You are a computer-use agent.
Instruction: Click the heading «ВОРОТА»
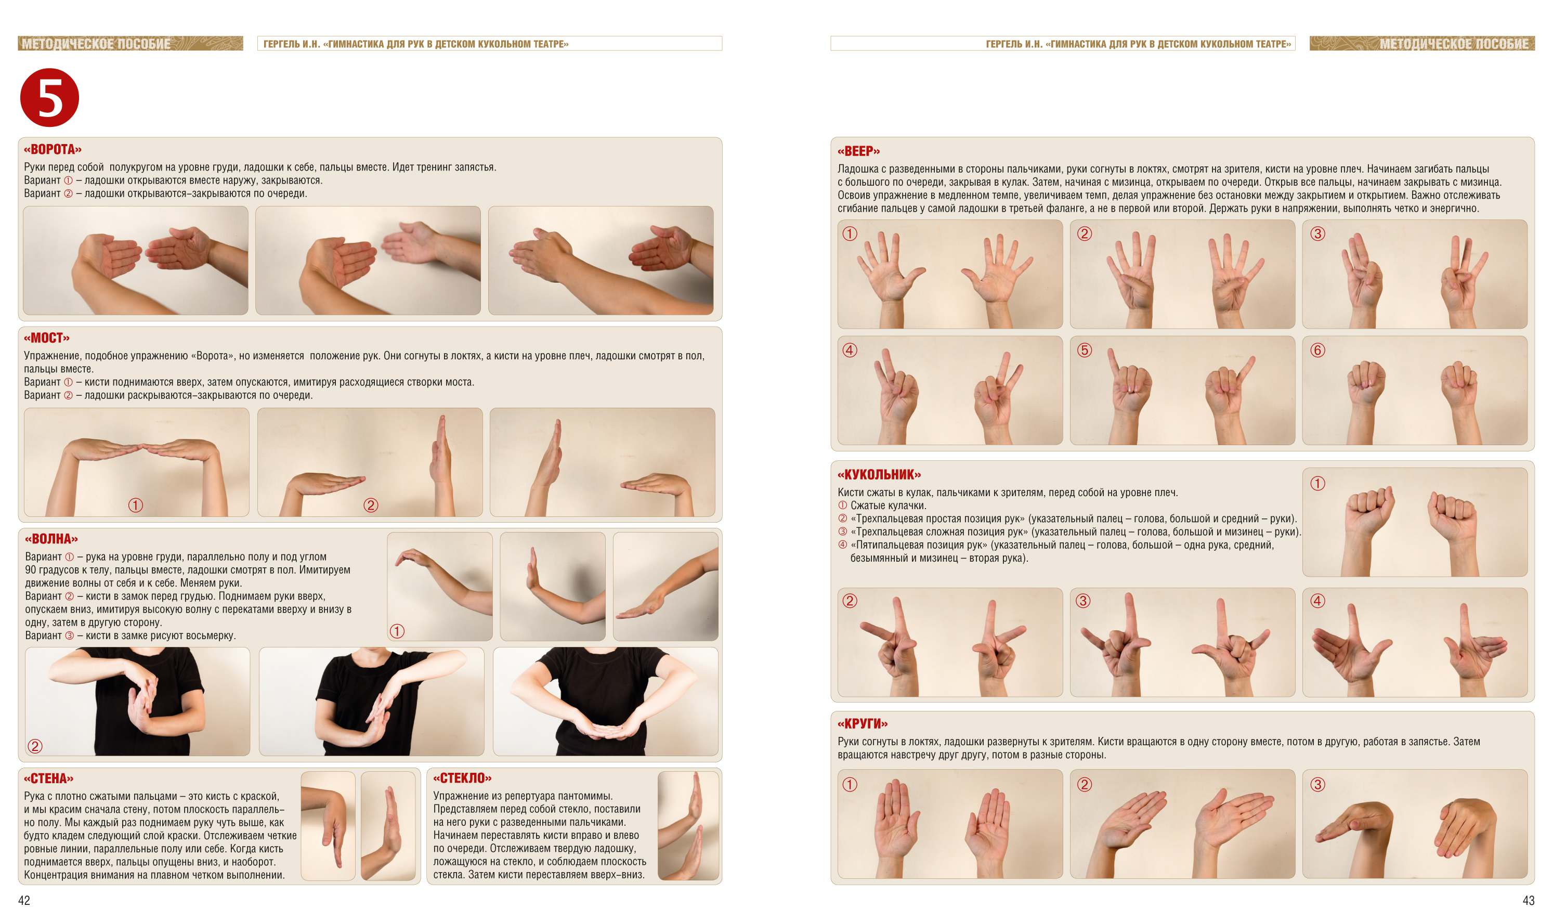tap(53, 150)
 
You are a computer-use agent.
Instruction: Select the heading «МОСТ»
tap(47, 338)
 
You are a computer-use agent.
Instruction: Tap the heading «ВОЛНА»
tap(51, 539)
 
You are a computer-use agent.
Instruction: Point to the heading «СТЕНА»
tap(48, 779)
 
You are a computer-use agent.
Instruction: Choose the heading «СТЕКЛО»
tap(462, 779)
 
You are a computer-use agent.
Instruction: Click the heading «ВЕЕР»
tap(859, 151)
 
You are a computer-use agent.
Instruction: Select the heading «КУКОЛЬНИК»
tap(879, 475)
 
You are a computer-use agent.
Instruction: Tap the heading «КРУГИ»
tap(863, 724)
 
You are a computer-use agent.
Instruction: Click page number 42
tap(24, 901)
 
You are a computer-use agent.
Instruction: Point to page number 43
tap(1528, 901)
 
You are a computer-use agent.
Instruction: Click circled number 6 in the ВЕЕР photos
tap(1317, 351)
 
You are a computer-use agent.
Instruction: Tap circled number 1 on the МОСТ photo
tap(135, 505)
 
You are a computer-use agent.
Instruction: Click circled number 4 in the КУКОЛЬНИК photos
tap(1317, 601)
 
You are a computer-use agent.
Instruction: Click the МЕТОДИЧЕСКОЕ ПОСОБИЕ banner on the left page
tap(130, 44)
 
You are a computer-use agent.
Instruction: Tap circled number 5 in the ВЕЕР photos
tap(1084, 351)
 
